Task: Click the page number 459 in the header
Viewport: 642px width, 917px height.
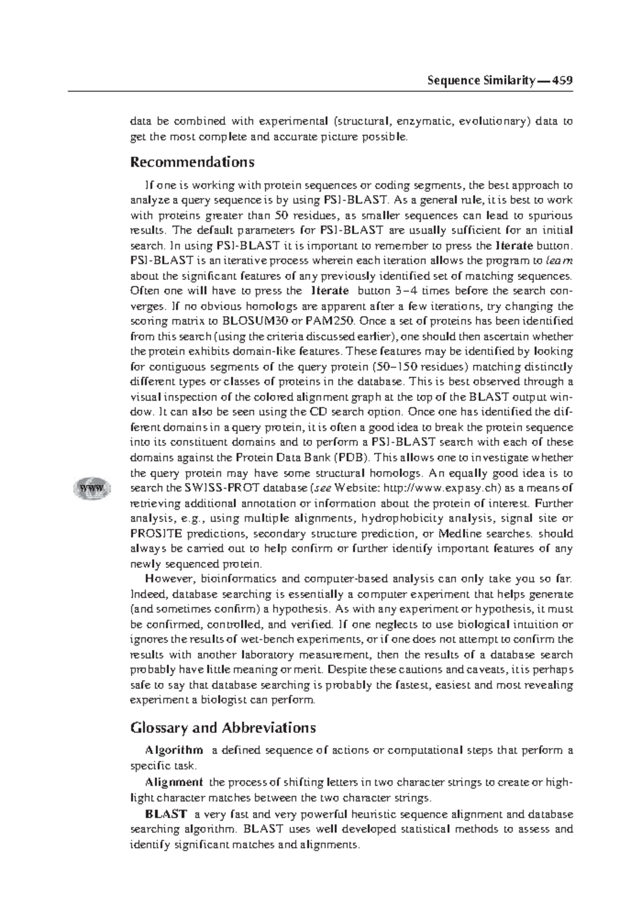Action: pyautogui.click(x=563, y=81)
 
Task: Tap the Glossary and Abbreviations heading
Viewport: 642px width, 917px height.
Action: pyautogui.click(x=223, y=728)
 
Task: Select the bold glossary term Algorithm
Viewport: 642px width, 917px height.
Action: pyautogui.click(x=174, y=750)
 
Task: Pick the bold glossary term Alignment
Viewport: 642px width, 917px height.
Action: pyautogui.click(x=174, y=782)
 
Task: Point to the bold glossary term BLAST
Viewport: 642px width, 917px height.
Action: pyautogui.click(x=166, y=814)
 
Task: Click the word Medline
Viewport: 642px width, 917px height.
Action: pyautogui.click(x=460, y=533)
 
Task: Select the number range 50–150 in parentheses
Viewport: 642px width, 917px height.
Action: pyautogui.click(x=396, y=367)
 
